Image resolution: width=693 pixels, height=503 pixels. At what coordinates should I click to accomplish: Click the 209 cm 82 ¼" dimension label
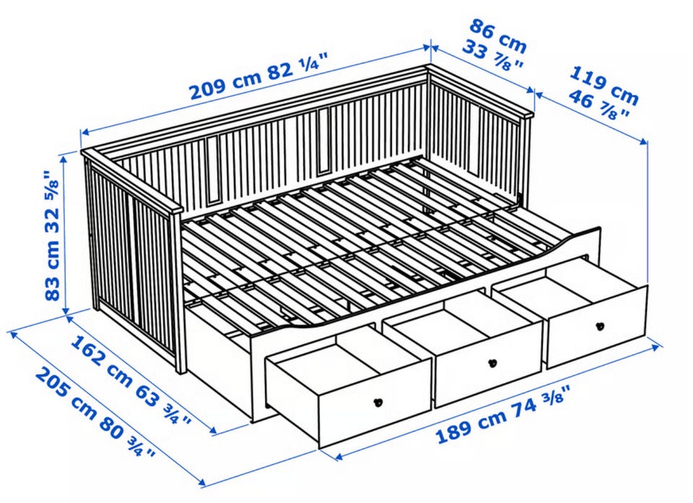259,77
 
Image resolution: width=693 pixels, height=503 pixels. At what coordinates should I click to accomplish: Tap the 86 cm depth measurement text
497,33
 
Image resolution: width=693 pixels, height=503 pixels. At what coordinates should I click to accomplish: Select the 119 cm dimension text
603,86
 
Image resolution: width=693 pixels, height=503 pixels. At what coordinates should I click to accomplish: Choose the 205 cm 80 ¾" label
95,413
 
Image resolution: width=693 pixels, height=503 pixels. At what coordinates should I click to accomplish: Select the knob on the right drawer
600,327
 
